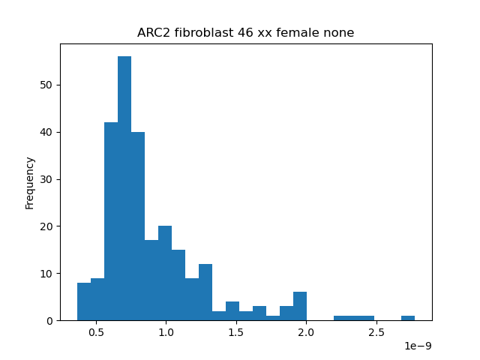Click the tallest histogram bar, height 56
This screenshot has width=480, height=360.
click(124, 188)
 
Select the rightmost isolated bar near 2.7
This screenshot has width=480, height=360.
click(408, 318)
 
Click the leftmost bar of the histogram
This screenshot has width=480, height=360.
click(84, 301)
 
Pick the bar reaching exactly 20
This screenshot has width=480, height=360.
click(165, 273)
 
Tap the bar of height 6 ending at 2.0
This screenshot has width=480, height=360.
click(300, 306)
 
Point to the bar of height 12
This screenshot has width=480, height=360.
click(205, 292)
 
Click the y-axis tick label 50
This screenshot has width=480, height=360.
click(46, 85)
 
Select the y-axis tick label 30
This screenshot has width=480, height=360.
click(46, 179)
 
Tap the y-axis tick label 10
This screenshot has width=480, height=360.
click(46, 274)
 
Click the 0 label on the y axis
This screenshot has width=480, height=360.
click(49, 321)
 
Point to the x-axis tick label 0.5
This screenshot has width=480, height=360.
click(97, 332)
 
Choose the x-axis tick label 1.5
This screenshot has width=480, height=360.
click(236, 332)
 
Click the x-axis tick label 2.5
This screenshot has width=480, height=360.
click(376, 332)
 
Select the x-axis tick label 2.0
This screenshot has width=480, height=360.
click(306, 332)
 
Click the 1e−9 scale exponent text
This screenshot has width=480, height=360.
click(418, 346)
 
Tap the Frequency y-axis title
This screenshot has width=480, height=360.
click(30, 183)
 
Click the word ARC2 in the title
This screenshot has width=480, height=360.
click(153, 32)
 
